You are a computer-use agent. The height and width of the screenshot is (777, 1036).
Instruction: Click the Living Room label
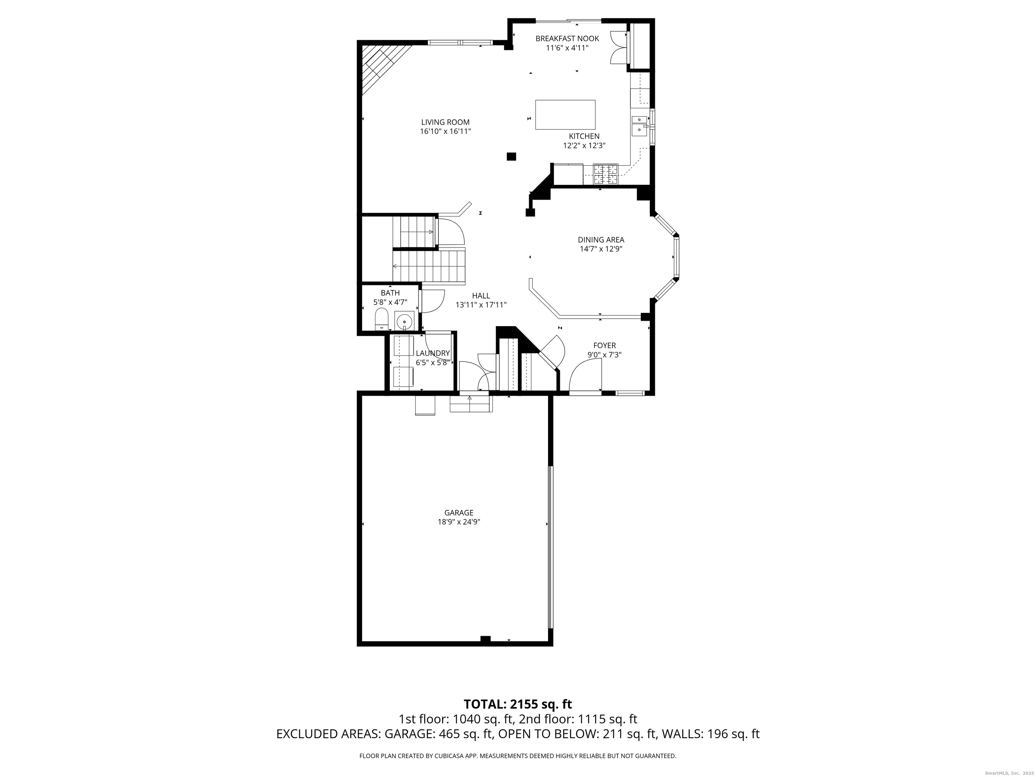click(445, 122)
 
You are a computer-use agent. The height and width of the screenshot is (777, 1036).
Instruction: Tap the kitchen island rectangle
click(565, 114)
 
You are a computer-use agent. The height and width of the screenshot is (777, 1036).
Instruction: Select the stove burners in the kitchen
click(606, 174)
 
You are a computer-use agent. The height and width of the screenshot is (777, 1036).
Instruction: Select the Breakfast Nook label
click(567, 38)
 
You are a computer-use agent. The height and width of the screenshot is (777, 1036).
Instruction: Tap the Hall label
click(481, 295)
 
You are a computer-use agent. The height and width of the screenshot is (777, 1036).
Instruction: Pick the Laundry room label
click(433, 353)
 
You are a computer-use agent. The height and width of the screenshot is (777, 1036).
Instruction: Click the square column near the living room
click(512, 156)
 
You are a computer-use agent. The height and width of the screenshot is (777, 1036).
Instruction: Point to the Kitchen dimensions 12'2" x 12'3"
click(584, 145)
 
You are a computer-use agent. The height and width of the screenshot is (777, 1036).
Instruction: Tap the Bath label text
click(390, 293)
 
